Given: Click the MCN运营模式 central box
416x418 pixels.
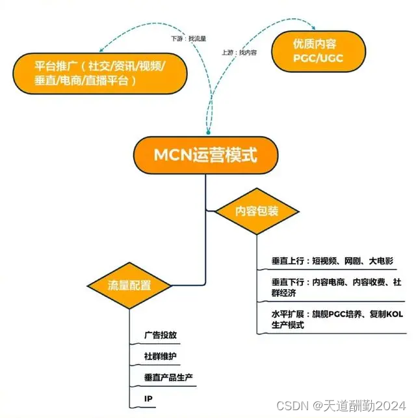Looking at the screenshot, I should [x=206, y=156].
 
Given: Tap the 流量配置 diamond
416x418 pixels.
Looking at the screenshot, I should [x=129, y=285].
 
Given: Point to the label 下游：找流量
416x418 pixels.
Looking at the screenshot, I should [x=188, y=39].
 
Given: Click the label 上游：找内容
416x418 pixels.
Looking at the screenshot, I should [x=239, y=51].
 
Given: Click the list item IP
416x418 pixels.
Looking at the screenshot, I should [x=149, y=398].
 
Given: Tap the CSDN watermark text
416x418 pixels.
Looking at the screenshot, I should [x=292, y=405].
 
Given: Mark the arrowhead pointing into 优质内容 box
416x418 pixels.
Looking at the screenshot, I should [x=315, y=29].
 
